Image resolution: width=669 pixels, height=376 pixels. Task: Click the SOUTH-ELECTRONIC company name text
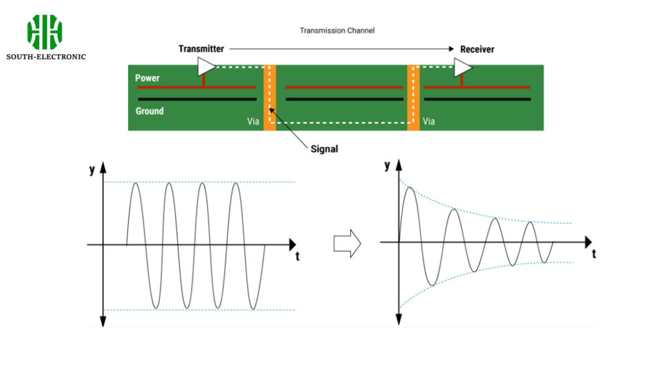(x=46, y=57)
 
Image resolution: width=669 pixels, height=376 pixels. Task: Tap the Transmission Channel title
(x=337, y=31)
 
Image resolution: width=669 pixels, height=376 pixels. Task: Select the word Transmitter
(x=201, y=49)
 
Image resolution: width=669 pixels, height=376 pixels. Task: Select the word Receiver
(x=478, y=49)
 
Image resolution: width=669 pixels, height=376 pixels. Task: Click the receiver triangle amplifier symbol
(x=463, y=67)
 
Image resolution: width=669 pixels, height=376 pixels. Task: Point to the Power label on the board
(x=148, y=78)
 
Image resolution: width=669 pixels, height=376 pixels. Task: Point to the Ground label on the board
(x=150, y=111)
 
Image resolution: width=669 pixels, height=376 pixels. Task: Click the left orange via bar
(x=270, y=97)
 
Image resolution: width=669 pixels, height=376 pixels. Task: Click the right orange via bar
(x=413, y=97)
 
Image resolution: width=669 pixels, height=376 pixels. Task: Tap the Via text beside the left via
(x=252, y=121)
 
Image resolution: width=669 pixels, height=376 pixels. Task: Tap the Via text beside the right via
(x=430, y=121)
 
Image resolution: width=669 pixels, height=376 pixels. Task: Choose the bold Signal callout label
(x=324, y=149)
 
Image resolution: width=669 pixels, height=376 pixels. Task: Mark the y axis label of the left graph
(x=91, y=171)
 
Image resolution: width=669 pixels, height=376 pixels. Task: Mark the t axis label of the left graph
(x=297, y=256)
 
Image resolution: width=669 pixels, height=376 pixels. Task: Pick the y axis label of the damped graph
(x=387, y=166)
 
